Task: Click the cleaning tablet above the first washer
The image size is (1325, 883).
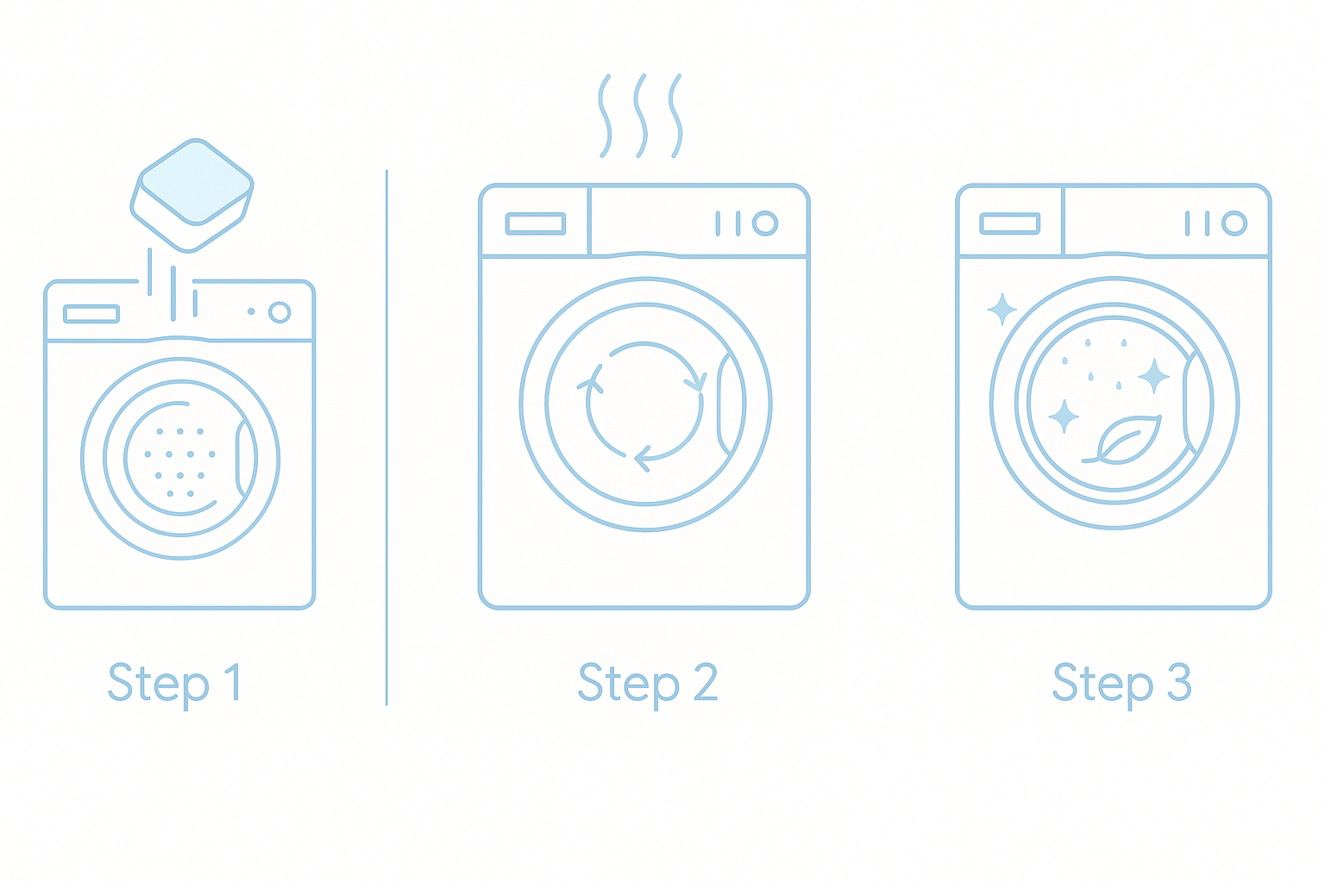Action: coord(192,196)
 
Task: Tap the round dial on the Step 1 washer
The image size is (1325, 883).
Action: coord(279,312)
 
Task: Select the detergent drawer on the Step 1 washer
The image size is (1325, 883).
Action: coord(91,314)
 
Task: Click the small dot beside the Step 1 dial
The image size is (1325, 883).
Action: coord(251,311)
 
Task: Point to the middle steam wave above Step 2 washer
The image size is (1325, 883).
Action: coord(641,116)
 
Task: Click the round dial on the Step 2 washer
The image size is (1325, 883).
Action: coord(765,223)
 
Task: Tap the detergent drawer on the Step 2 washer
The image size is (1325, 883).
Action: coord(536,223)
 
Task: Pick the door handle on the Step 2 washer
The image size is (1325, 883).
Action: coord(723,404)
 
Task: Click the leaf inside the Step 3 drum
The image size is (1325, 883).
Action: coord(1124,440)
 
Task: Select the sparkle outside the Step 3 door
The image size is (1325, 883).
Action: coord(1002,310)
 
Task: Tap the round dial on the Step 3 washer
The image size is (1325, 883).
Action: coord(1234,223)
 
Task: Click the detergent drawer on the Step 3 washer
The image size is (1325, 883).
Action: coord(1010,223)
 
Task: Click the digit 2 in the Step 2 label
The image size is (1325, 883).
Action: coord(705,681)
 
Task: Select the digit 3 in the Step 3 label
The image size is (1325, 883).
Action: coord(1179,681)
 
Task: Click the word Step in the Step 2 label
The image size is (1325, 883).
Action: coord(629,685)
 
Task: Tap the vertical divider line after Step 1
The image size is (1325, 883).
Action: coord(386,438)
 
